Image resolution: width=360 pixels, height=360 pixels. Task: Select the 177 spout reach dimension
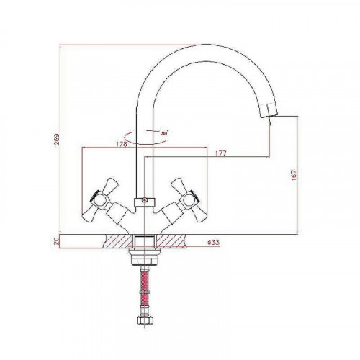click(220, 153)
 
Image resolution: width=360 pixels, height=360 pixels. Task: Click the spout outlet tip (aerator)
click(269, 110)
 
